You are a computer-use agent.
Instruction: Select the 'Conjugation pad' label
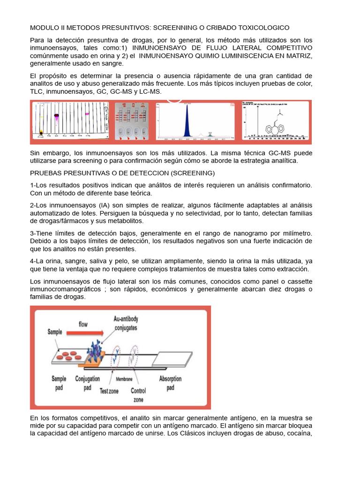point(88,382)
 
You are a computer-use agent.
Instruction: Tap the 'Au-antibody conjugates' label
point(126,323)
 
